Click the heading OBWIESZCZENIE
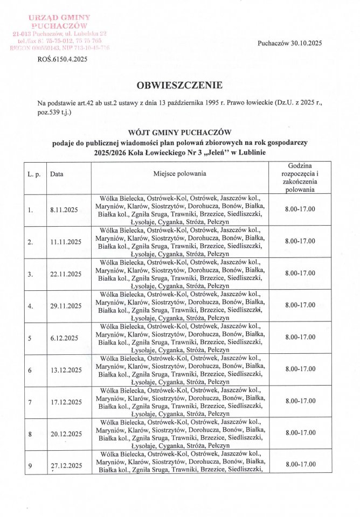(x=179, y=85)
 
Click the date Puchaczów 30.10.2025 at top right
(x=290, y=43)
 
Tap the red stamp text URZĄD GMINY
(x=59, y=17)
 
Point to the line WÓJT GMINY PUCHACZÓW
(x=179, y=132)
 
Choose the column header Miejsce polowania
(x=179, y=173)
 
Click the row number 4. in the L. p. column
(x=31, y=306)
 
